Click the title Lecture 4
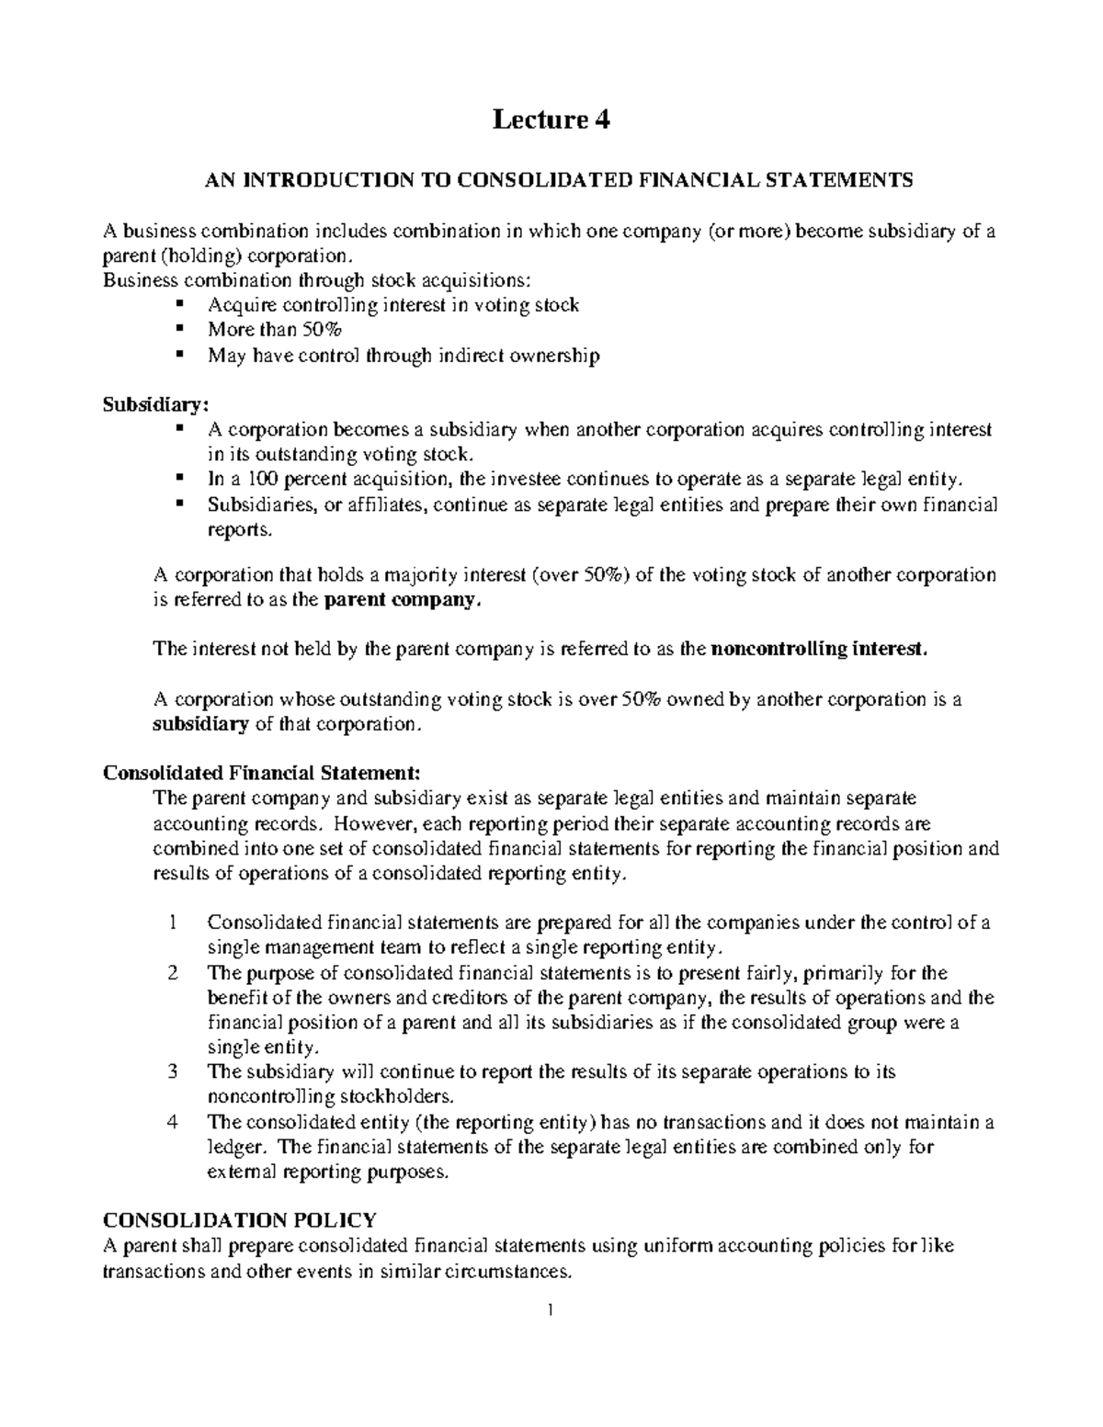pos(551,119)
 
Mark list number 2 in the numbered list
pos(174,973)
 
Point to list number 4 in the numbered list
pos(174,1122)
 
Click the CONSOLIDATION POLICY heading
pos(239,1220)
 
